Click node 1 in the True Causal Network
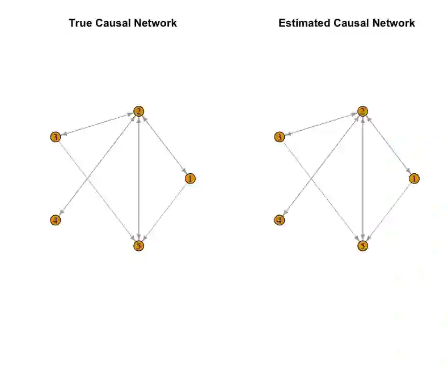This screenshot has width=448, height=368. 190,178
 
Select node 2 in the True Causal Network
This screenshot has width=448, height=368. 139,111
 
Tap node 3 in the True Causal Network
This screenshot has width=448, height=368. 56,137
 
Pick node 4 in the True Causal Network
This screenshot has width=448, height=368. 55,220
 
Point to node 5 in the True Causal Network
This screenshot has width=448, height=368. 139,246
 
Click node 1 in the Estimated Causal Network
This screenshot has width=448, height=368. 414,178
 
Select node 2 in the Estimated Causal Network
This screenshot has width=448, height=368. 363,111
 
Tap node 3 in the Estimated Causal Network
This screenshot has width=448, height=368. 280,137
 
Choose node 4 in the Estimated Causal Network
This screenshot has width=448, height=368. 279,220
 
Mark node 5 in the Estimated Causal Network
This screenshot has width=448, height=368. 363,246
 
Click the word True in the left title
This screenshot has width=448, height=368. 80,23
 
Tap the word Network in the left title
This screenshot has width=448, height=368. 156,23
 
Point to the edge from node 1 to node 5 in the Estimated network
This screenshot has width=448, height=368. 388,212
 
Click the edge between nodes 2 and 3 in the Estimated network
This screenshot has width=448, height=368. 321,124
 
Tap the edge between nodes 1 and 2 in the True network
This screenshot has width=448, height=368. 164,145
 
